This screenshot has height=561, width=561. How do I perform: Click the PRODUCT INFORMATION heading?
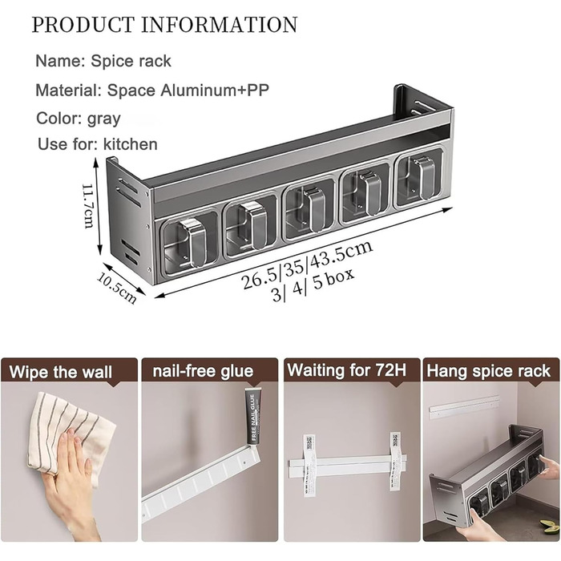[x=164, y=25]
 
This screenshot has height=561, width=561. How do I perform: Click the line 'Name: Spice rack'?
[x=103, y=61]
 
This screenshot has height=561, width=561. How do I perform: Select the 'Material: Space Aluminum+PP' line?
[x=152, y=90]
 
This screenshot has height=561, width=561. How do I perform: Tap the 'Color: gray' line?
[x=79, y=118]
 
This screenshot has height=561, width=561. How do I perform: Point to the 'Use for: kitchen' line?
[x=98, y=144]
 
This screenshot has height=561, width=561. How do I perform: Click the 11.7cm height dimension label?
[x=88, y=205]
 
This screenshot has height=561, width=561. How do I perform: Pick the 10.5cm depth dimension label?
[x=117, y=289]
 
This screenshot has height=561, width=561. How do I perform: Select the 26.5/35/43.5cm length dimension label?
[x=307, y=264]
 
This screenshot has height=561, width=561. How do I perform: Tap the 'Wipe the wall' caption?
[x=61, y=372]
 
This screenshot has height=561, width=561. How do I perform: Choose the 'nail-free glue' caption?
[x=203, y=370]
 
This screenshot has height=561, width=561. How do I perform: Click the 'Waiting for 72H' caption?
[x=347, y=369]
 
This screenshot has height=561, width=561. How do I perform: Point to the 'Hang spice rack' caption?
[x=488, y=370]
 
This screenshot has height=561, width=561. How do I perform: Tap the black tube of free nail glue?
[x=254, y=418]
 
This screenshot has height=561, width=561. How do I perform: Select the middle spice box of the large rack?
[x=309, y=210]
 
